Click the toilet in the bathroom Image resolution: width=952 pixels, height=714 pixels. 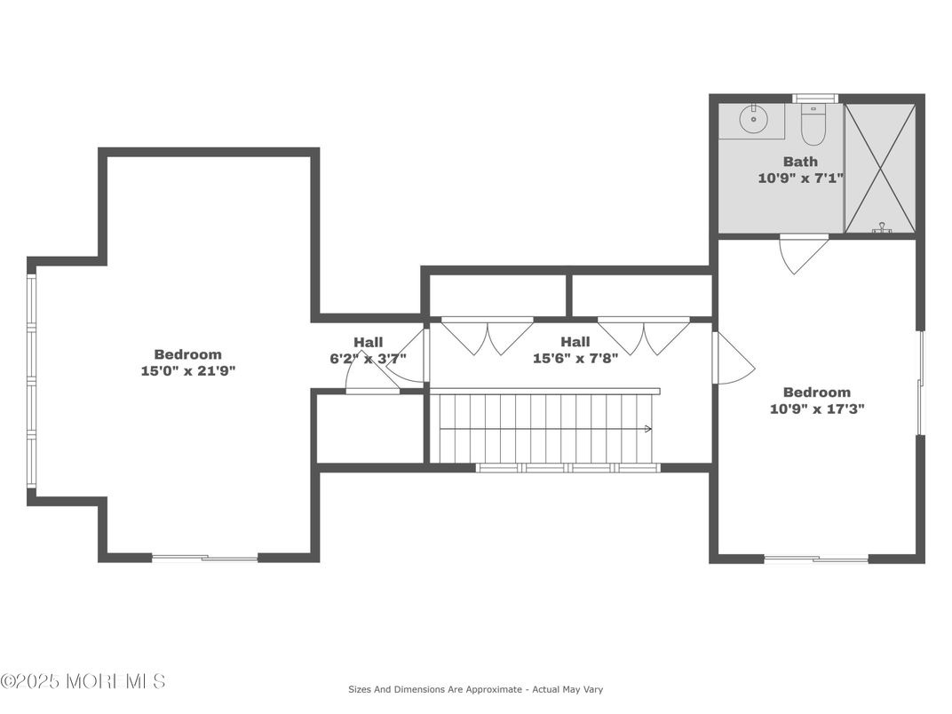(x=813, y=125)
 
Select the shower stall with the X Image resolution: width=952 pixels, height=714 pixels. (x=879, y=168)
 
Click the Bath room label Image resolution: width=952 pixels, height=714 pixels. (x=800, y=162)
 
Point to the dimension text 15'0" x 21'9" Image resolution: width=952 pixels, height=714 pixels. (x=187, y=370)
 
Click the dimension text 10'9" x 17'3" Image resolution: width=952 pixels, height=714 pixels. (x=816, y=409)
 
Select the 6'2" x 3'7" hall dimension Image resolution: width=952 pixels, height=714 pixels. (x=368, y=359)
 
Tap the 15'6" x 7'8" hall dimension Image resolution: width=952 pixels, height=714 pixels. (x=575, y=359)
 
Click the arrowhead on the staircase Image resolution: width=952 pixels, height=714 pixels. (x=647, y=429)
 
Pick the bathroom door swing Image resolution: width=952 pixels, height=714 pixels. (x=803, y=253)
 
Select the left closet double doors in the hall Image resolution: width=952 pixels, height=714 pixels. (x=487, y=336)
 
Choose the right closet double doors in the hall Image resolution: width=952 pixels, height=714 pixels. (x=643, y=336)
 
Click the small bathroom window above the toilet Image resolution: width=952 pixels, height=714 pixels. (x=814, y=99)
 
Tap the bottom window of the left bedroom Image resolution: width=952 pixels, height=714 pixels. (x=204, y=558)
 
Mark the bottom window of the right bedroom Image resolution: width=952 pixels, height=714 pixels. (x=815, y=559)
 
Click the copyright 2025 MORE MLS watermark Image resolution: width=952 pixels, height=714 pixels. (x=83, y=681)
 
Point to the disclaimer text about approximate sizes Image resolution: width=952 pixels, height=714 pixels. (x=475, y=689)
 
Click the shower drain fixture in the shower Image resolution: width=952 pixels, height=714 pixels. (x=882, y=229)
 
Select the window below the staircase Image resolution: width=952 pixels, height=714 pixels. (x=567, y=467)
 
